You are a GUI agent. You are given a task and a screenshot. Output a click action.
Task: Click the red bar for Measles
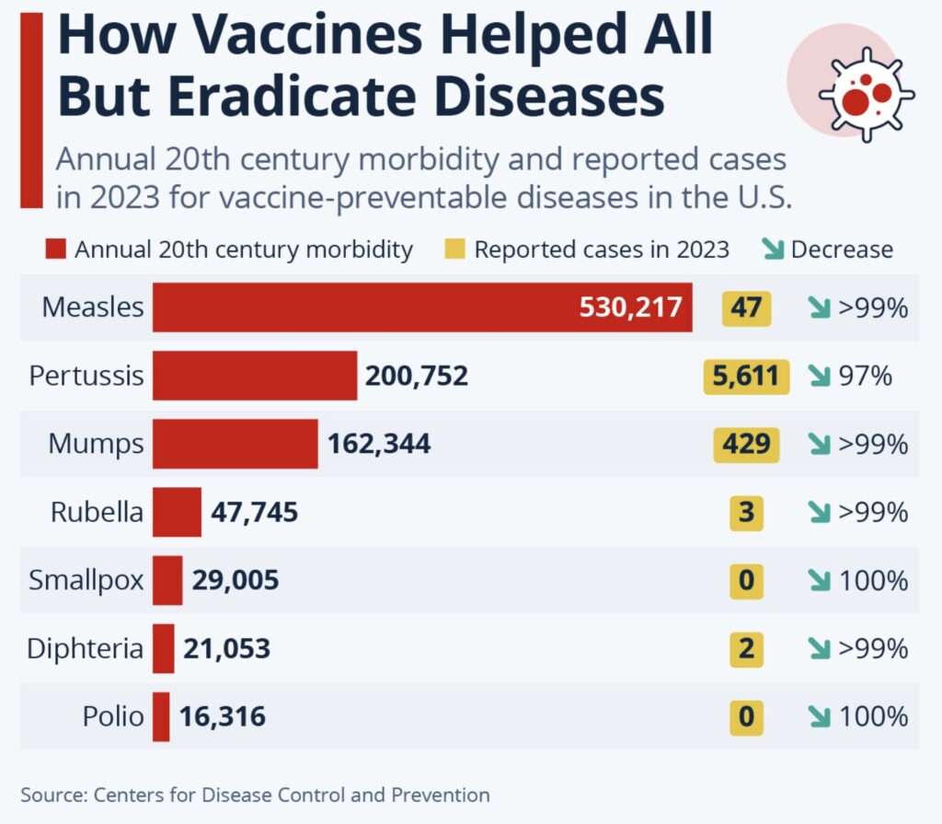tap(368, 308)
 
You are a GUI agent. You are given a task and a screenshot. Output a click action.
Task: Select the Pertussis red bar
tap(255, 376)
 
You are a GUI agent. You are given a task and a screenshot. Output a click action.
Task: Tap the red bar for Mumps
tap(235, 444)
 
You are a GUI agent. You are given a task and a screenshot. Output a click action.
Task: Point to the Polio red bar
tap(161, 716)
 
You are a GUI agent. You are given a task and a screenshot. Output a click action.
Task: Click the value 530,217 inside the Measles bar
tap(631, 308)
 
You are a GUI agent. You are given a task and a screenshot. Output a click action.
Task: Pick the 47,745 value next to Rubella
tap(255, 512)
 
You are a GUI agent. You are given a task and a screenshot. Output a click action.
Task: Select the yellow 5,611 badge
tap(746, 376)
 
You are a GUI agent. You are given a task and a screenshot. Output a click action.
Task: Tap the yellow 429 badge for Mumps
tap(746, 444)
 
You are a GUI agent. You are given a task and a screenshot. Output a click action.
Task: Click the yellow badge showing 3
tap(746, 512)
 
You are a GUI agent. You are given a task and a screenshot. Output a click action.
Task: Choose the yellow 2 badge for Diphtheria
tap(746, 648)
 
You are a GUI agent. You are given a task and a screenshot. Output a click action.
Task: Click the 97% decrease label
tap(866, 376)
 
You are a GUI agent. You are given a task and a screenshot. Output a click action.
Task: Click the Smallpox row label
tap(86, 581)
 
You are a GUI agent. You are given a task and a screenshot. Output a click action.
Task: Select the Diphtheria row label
tap(85, 648)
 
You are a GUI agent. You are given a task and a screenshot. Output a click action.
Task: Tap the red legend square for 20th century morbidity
tap(56, 249)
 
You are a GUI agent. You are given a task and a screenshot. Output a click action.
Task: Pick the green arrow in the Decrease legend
tap(773, 249)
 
